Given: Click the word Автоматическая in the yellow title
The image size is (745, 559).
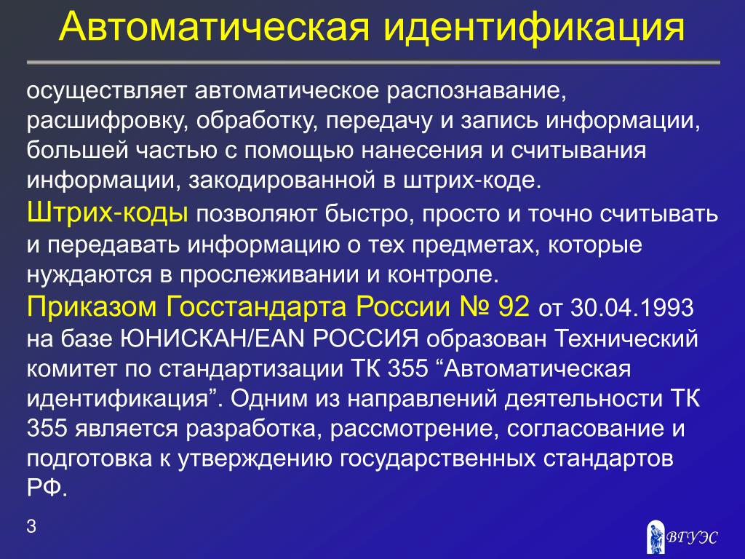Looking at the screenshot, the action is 215,27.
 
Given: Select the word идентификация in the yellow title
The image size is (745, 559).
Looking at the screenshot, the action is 534,28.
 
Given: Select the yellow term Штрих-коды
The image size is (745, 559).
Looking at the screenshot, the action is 108,212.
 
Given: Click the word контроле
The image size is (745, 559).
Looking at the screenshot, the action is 443,276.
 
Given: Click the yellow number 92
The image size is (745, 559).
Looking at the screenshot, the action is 513,306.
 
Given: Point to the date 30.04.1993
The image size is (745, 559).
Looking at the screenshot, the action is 632,307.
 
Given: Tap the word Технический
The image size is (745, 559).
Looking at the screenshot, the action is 626,338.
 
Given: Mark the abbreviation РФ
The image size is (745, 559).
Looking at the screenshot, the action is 47,487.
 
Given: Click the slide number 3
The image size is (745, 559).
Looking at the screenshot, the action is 31,526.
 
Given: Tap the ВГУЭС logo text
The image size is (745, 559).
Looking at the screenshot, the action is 692,536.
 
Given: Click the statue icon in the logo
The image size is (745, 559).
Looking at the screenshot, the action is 656,536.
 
